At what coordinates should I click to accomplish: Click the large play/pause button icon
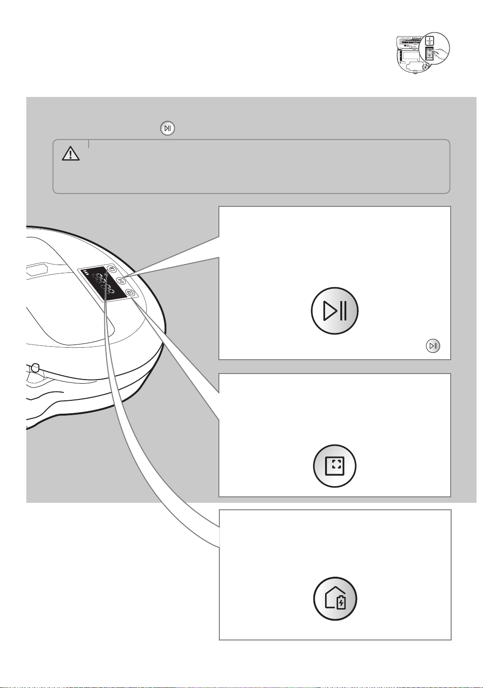coord(335,312)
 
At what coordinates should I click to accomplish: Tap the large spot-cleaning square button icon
coord(335,465)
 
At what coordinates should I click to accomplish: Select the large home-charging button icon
coord(335,599)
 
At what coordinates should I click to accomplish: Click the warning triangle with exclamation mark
coord(71,153)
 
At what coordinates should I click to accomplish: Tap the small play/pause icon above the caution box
coord(168,128)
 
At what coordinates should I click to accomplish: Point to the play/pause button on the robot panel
coord(121,280)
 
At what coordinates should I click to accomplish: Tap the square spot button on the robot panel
coord(130,292)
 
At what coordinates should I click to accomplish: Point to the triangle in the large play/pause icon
coord(329,312)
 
